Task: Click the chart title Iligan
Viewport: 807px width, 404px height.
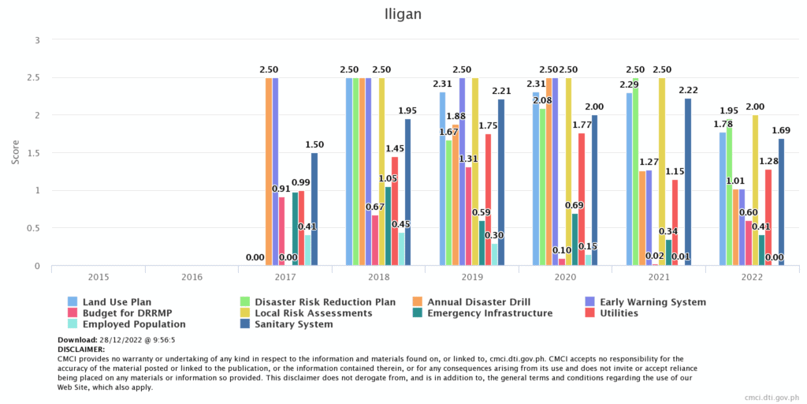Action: click(403, 14)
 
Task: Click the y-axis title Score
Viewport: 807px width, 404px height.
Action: click(16, 152)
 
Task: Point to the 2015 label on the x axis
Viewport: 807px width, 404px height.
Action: click(99, 278)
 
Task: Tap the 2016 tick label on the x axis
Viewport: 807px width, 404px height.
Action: click(192, 278)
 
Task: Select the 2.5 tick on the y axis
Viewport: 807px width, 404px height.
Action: click(33, 77)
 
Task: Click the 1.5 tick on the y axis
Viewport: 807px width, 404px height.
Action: click(33, 153)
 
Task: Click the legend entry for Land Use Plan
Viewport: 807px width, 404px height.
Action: click(117, 302)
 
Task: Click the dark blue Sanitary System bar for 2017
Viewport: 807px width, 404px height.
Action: click(314, 209)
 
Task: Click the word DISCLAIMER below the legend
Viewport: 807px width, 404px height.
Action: click(81, 348)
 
